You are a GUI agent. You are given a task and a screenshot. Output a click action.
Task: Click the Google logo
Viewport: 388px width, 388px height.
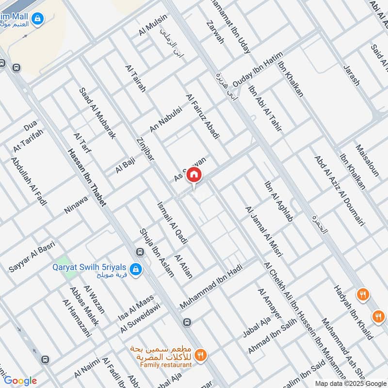click(x=20, y=381)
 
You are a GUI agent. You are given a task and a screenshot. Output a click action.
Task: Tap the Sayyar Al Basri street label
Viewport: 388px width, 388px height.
click(x=32, y=257)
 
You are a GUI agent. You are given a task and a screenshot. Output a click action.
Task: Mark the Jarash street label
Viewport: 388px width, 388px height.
click(x=352, y=75)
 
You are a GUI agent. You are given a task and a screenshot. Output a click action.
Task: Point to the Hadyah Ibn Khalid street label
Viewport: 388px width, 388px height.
click(x=353, y=312)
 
